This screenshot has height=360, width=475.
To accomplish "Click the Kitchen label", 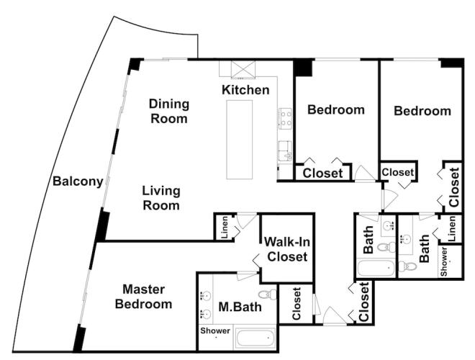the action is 245,90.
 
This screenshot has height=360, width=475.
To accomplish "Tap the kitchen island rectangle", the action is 240,140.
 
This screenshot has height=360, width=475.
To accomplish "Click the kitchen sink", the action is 285,150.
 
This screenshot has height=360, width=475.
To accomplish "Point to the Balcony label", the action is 78,181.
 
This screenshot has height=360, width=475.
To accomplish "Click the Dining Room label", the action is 169,111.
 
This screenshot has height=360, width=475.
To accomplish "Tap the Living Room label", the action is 161,198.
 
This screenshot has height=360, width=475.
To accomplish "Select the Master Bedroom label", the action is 144,297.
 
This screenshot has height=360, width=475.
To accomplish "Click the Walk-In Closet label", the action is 287,249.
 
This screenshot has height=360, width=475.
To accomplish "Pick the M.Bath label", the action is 240,307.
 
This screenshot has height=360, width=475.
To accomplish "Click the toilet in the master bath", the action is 268,294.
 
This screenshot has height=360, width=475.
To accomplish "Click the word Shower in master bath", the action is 215,330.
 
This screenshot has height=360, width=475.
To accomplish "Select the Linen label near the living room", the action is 225,227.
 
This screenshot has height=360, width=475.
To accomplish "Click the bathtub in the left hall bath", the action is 376,268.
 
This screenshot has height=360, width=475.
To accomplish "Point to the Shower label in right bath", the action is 444,262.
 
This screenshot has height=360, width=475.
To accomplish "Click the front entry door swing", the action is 335,316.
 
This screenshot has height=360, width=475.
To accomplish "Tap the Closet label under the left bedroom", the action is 322,174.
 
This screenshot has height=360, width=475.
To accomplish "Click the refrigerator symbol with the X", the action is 243,69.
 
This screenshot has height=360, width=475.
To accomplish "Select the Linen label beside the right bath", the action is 452,228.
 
